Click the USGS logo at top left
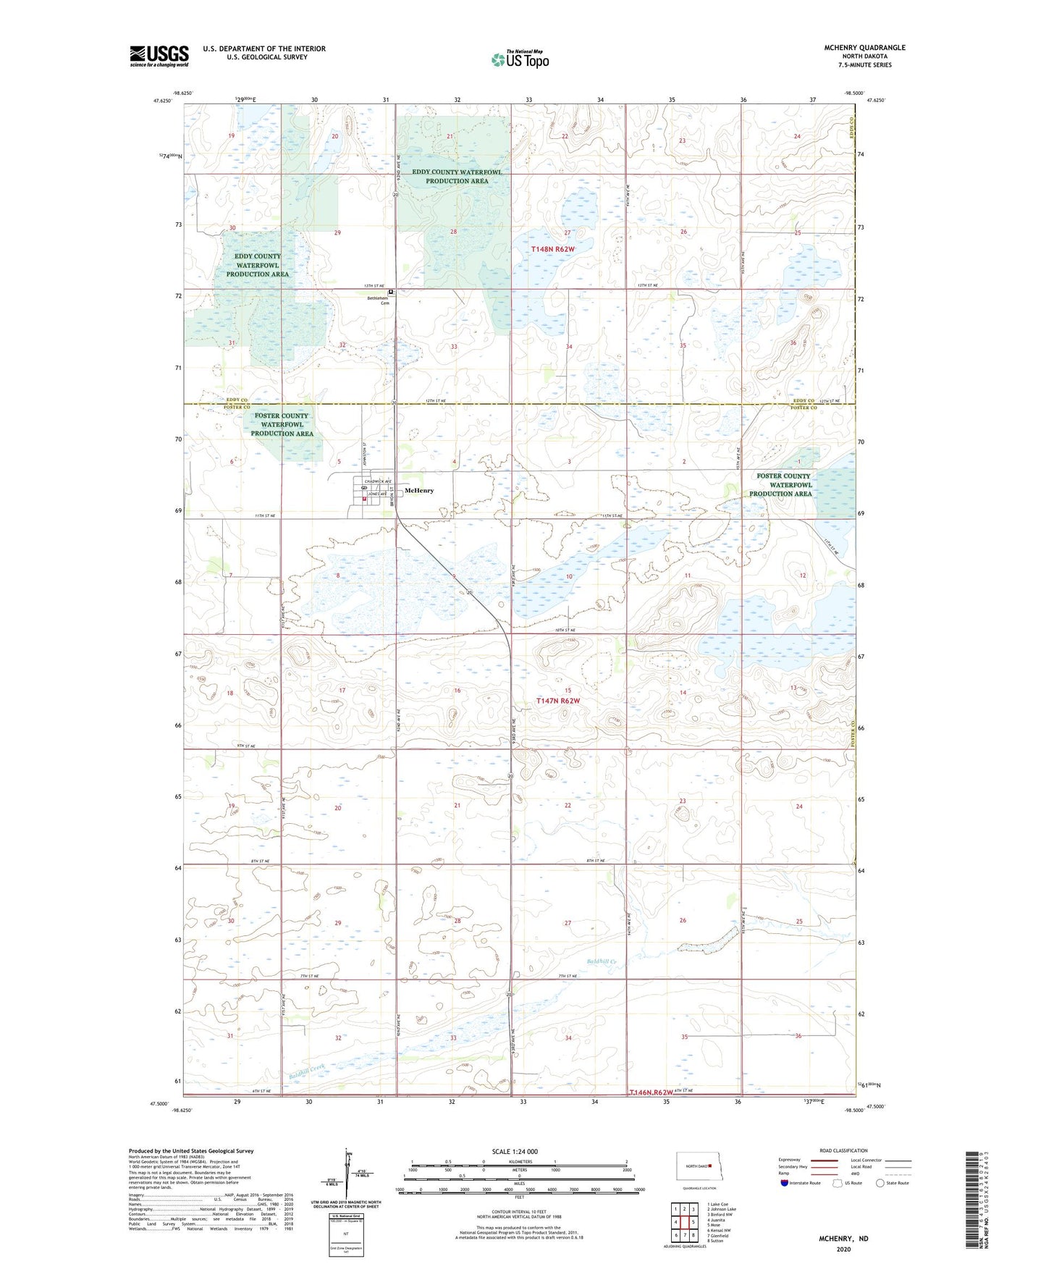point(159,56)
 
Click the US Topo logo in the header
point(520,59)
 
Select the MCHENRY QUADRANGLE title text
point(864,48)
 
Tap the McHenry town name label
point(419,491)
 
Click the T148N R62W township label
point(552,249)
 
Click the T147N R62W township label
point(557,701)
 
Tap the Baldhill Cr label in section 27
point(601,961)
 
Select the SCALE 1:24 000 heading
point(515,1151)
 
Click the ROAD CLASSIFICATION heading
point(843,1150)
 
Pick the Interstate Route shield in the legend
point(785,1183)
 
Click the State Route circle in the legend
point(880,1183)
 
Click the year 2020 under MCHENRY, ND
point(843,1249)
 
